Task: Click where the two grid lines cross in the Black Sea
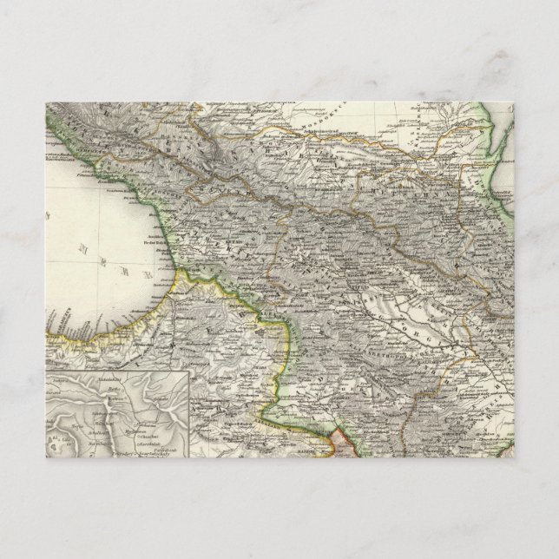110,230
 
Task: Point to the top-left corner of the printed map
46,102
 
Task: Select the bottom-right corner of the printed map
513,457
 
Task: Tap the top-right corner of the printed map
513,102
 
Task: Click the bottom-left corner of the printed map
46,457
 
